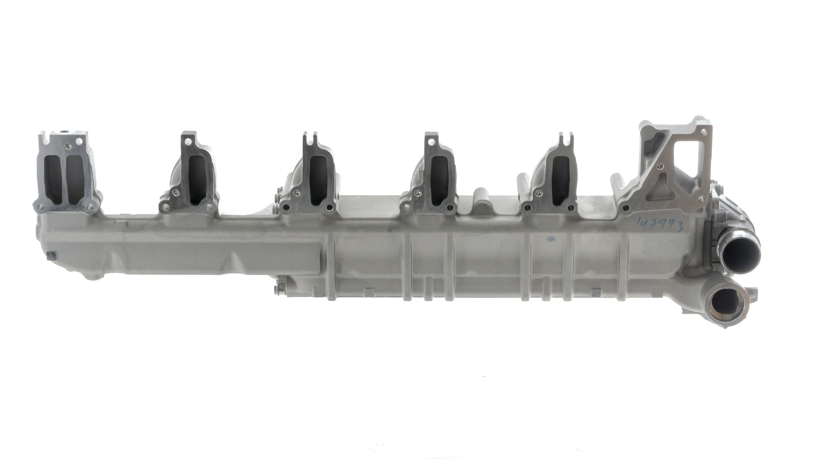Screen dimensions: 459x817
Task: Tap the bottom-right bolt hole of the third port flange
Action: point(330,208)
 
